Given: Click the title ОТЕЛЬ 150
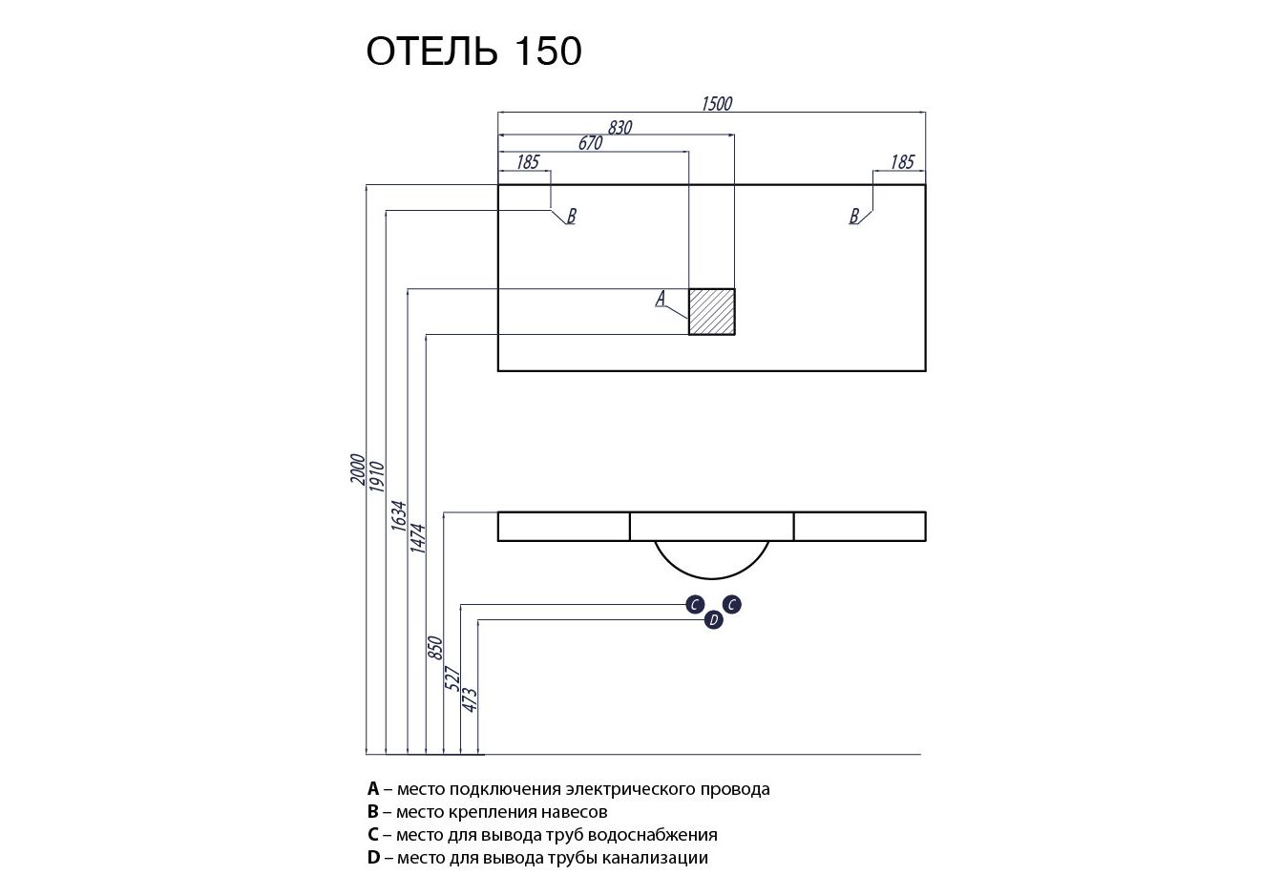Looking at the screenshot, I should click(x=473, y=52).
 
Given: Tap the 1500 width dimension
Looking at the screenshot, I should click(x=716, y=103).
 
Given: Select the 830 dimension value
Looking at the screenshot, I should click(x=619, y=127).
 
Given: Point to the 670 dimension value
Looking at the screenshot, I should click(x=591, y=143).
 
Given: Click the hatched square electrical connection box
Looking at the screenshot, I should click(x=712, y=311).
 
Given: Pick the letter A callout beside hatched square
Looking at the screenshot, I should click(x=660, y=300).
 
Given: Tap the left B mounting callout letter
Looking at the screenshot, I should click(x=571, y=217).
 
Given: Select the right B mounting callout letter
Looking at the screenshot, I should click(x=854, y=217).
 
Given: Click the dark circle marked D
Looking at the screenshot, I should click(x=713, y=621).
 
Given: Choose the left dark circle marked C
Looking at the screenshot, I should click(x=696, y=604).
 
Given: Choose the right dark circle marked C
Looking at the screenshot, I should click(x=732, y=604).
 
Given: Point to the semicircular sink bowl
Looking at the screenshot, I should click(x=712, y=558).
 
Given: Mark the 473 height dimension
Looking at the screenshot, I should click(x=469, y=699).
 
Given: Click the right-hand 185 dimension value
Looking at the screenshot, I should click(x=902, y=162).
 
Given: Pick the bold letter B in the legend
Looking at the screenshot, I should click(x=373, y=812).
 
